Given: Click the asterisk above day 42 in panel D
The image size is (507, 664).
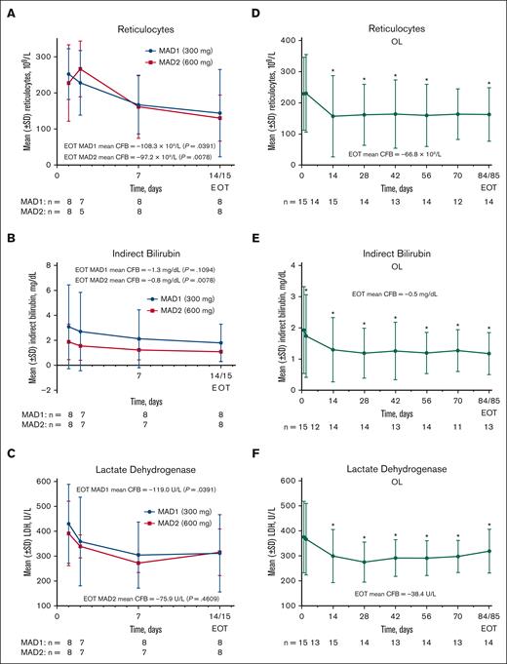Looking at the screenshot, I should [395, 76].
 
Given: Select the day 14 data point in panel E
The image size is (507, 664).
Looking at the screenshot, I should [332, 349].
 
